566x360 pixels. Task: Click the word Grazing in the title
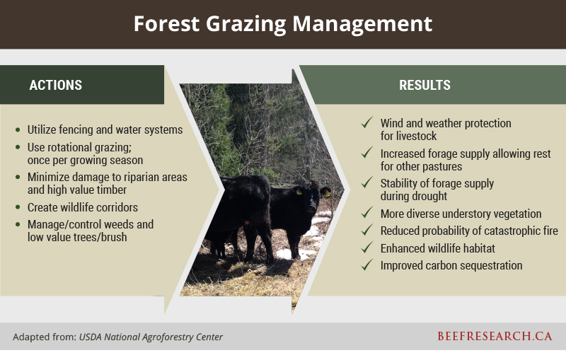pyautogui.click(x=246, y=25)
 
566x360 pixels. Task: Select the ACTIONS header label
pyautogui.click(x=56, y=85)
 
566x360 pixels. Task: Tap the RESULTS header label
pyautogui.click(x=425, y=85)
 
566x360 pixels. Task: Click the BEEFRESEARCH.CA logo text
pyautogui.click(x=495, y=336)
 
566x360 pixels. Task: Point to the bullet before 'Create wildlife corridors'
pyautogui.click(x=18, y=207)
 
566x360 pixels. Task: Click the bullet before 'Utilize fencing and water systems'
pyautogui.click(x=18, y=129)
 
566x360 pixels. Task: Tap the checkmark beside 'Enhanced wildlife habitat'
pyautogui.click(x=366, y=248)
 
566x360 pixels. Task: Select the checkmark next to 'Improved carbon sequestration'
pyautogui.click(x=366, y=265)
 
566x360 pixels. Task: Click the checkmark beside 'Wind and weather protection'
pyautogui.click(x=366, y=122)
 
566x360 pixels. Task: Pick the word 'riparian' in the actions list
pyautogui.click(x=137, y=178)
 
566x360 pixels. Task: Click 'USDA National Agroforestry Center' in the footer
pyautogui.click(x=151, y=337)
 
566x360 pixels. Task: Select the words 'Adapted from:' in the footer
pyautogui.click(x=45, y=337)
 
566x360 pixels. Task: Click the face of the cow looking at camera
pyautogui.click(x=311, y=200)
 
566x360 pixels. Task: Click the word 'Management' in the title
pyautogui.click(x=362, y=25)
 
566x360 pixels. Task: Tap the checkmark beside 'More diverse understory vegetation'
pyautogui.click(x=366, y=213)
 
